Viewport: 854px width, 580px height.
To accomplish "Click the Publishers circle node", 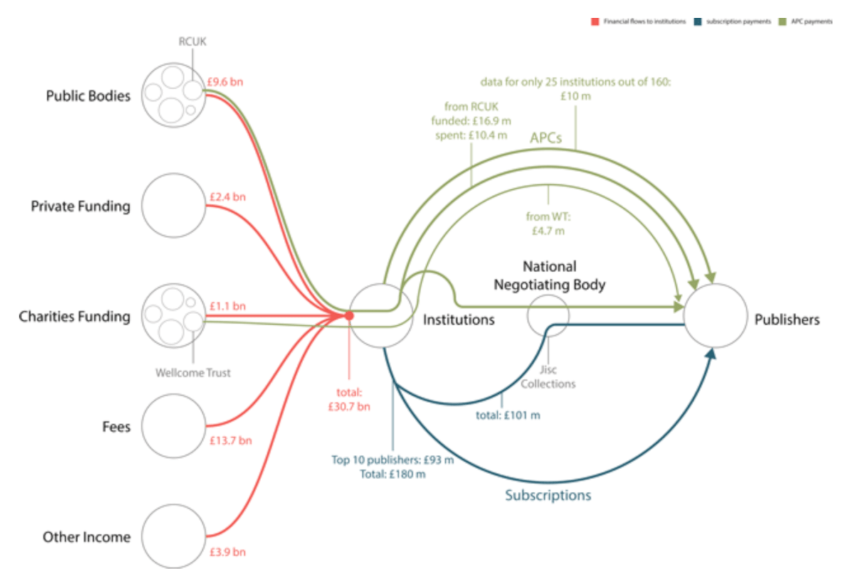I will tap(715, 316).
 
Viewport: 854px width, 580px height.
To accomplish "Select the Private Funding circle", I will tap(173, 205).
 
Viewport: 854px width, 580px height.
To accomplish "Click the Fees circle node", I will tap(173, 426).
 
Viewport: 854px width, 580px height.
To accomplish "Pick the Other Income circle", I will tap(173, 536).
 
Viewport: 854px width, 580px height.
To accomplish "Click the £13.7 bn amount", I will tap(231, 441).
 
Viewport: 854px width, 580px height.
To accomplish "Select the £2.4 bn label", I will tap(226, 197).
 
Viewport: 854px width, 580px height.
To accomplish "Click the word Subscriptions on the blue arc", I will tap(548, 495).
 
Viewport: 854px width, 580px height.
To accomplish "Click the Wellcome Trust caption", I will tap(193, 372).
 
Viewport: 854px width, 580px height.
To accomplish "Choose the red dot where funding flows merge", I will tap(349, 316).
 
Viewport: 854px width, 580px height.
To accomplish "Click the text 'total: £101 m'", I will tap(507, 415).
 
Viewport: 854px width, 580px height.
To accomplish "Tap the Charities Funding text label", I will tap(75, 316).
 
